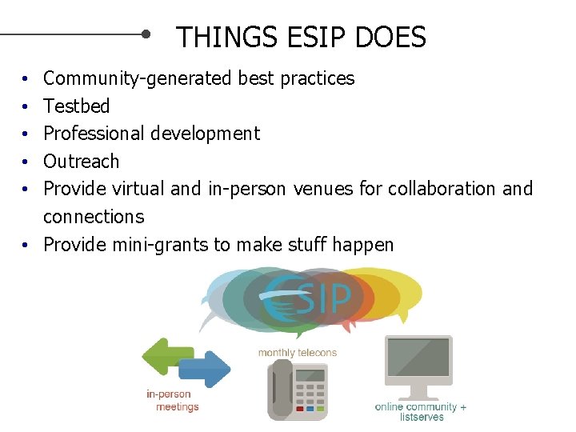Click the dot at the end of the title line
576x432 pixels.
coord(146,34)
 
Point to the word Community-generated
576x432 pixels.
coord(138,78)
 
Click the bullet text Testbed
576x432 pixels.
coord(76,106)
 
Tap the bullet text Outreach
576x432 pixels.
coord(81,161)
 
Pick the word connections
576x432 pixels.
coord(94,217)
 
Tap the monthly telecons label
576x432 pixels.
coord(297,353)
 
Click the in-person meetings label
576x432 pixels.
coord(172,401)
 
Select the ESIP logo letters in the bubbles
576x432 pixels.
coord(309,298)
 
